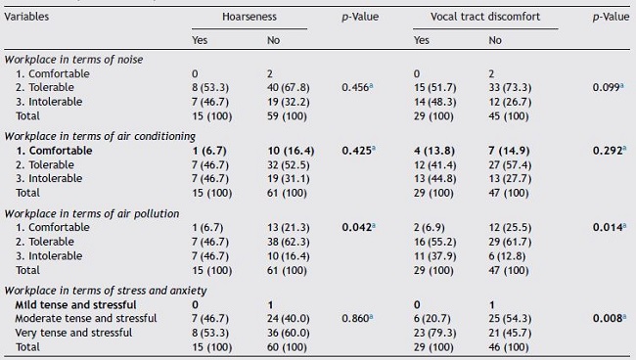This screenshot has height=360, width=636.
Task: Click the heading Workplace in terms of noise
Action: (x=73, y=61)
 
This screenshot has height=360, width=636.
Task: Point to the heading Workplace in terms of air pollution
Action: (x=88, y=213)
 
